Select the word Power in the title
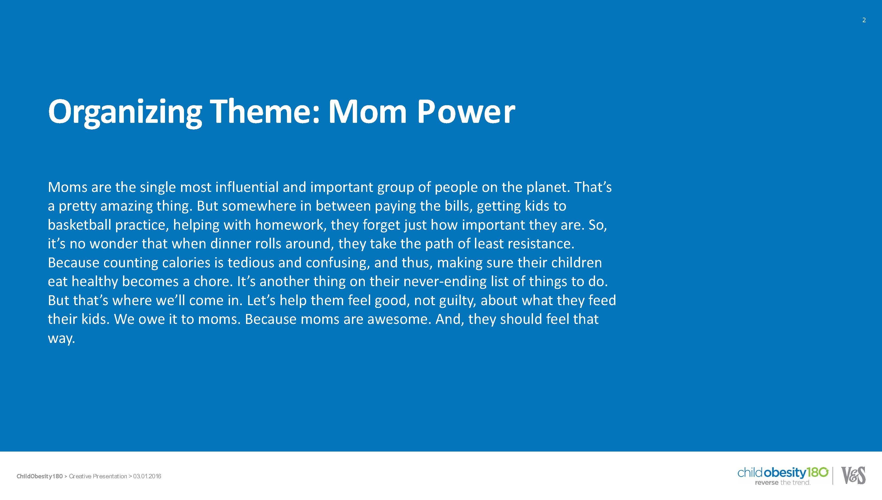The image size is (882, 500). click(x=466, y=112)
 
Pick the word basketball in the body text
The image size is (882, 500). click(x=79, y=225)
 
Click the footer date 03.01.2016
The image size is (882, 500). click(x=147, y=476)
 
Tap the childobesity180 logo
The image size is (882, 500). click(x=783, y=476)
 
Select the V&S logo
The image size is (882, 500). click(x=853, y=475)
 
